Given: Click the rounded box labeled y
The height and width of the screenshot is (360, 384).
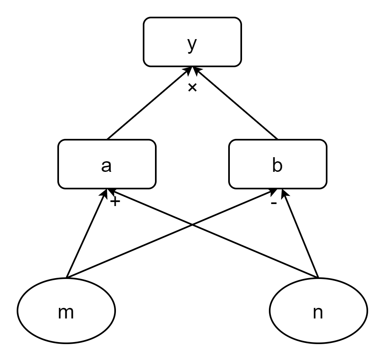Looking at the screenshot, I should [192, 42].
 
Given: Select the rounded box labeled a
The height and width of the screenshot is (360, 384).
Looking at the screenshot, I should [107, 164].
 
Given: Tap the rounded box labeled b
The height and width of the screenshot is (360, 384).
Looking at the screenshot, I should [277, 164].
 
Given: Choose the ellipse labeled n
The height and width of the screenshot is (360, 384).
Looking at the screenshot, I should [319, 311].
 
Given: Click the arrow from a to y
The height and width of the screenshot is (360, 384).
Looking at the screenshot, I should [148, 103].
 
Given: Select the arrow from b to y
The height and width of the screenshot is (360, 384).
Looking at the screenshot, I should [236, 103].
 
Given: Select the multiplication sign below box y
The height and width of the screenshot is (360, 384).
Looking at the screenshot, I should [192, 88].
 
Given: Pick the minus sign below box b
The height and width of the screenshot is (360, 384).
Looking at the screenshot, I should [273, 202].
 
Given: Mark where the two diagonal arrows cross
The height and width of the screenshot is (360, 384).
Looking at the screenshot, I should [192, 225].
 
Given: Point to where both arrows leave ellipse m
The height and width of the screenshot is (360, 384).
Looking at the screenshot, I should [67, 278].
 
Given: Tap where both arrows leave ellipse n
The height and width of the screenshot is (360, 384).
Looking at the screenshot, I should [318, 278].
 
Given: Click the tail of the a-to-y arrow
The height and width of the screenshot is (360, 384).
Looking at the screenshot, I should [108, 139].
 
